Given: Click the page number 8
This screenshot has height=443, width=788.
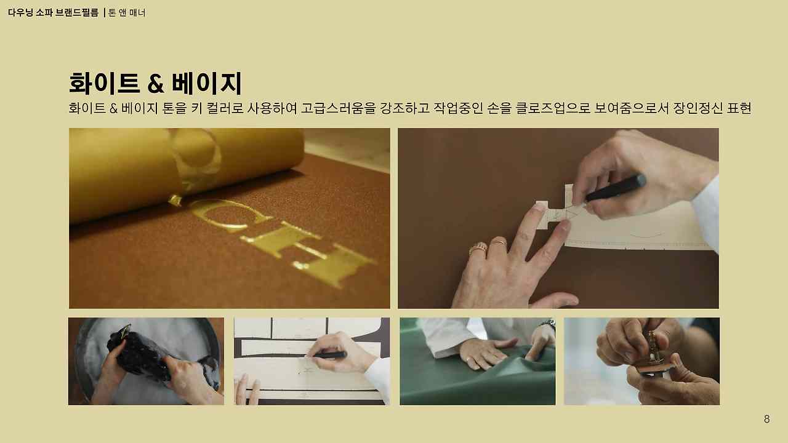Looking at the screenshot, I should pos(766,420).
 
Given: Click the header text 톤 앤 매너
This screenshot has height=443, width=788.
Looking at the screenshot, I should pos(127,12).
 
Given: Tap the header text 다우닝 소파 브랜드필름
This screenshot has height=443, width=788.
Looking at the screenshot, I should pos(53,12).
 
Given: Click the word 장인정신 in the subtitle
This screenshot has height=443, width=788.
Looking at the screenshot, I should pos(697,109).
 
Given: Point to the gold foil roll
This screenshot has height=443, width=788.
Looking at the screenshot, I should pos(185,166).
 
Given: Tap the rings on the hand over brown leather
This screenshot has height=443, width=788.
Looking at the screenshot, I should pos(486,246).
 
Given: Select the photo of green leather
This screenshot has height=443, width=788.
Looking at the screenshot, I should pos(477,361).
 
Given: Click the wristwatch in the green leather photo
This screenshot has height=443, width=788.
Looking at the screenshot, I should pos(547,324).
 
